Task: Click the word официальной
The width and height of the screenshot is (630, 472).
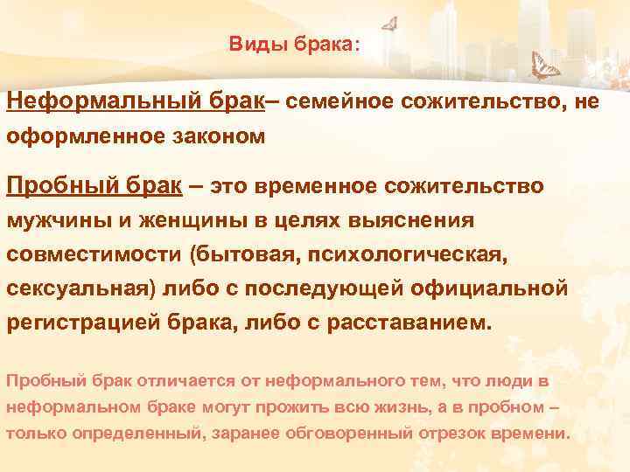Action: click(500, 287)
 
